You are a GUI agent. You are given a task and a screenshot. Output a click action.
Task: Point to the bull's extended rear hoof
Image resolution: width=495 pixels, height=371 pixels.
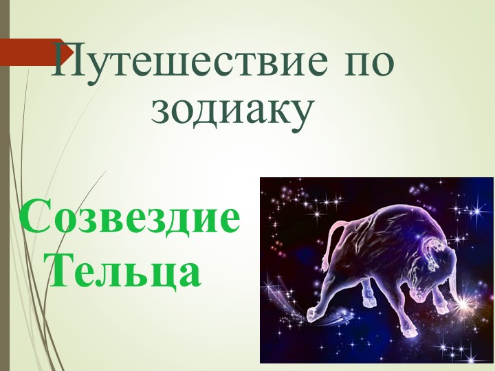314,315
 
